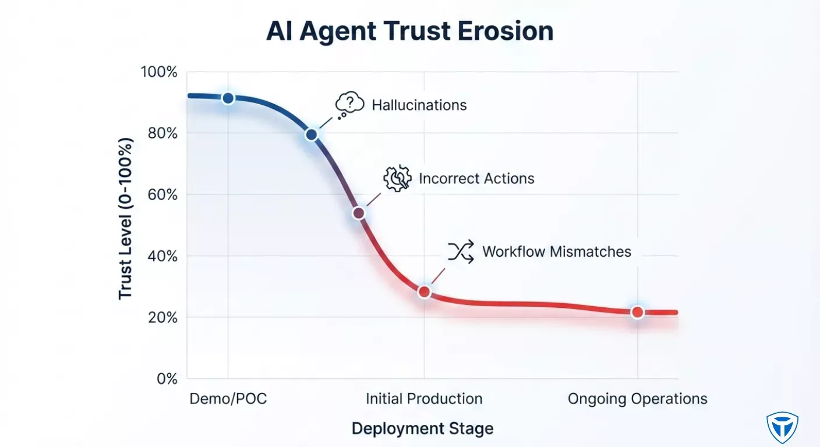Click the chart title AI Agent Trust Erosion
[409, 31]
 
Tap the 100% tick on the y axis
[159, 72]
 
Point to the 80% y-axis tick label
[159, 133]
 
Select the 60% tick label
[159, 194]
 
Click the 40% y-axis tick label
[159, 256]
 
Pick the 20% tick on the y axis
[159, 317]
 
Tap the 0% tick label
[163, 379]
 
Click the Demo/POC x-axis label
[228, 399]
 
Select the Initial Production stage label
[424, 399]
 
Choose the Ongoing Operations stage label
[637, 399]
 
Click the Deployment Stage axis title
[422, 429]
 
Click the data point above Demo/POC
[228, 98]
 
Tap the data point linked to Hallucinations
[312, 134]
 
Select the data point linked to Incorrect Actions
[359, 213]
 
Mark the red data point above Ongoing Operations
[638, 312]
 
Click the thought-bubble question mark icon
[349, 104]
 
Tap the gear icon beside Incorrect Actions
[397, 178]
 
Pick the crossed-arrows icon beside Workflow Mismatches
[461, 251]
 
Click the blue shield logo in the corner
[782, 427]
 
